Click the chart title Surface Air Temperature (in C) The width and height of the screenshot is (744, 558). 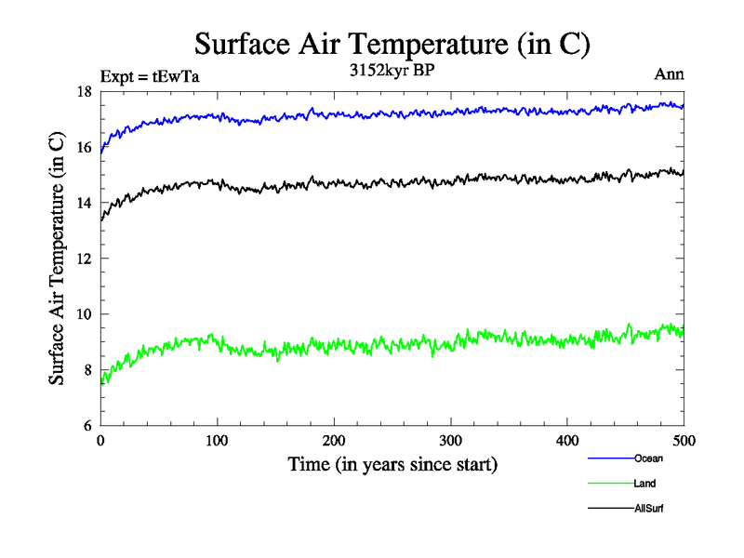392,44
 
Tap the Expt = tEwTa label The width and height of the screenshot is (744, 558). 149,76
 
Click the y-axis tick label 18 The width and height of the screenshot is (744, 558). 84,91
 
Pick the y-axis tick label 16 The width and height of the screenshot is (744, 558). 84,147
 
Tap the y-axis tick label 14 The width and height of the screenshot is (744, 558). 84,203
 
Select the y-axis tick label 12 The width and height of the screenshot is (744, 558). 84,259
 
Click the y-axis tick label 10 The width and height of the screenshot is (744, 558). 84,314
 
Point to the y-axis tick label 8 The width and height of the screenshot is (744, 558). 87,370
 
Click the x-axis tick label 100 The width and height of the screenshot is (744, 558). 217,440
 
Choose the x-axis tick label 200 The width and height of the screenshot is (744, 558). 334,440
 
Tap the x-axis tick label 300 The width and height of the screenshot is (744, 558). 451,440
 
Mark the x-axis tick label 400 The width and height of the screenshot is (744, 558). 567,440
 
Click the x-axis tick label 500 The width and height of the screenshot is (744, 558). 684,440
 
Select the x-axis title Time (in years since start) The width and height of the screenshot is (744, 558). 392,463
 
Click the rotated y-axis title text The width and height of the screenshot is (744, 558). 58,259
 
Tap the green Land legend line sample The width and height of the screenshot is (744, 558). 610,484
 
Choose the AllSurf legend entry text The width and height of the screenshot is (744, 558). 650,509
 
